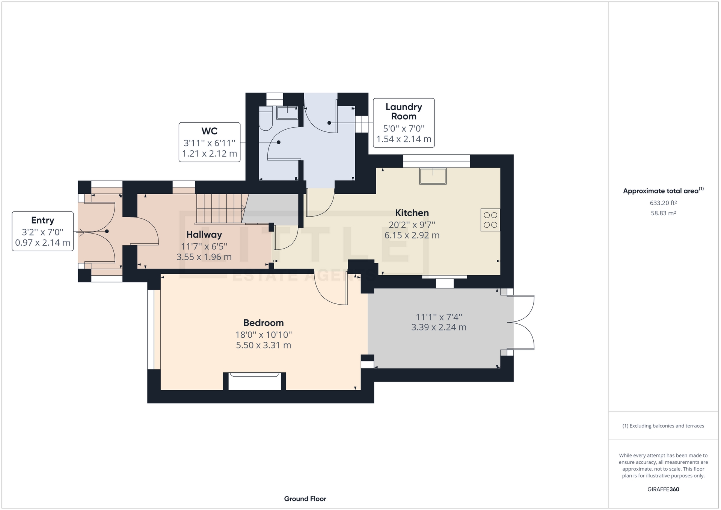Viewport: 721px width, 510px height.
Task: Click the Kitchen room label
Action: point(412,213)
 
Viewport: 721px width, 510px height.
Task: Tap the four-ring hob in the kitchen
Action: point(490,220)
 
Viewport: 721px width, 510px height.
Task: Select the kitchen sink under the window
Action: point(433,176)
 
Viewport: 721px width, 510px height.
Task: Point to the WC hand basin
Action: point(287,112)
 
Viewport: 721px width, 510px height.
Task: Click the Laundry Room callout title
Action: point(404,112)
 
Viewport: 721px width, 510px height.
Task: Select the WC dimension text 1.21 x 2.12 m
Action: point(210,154)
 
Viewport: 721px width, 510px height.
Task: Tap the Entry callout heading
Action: point(42,220)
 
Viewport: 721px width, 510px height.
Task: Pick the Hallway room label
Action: point(204,235)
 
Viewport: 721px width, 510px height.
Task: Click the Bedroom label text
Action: point(263,323)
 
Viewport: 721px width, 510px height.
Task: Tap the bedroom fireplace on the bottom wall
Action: point(255,381)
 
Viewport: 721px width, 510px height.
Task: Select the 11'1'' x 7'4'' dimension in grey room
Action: point(439,317)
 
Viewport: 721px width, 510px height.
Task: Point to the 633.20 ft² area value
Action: point(663,203)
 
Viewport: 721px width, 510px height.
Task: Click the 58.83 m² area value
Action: point(663,213)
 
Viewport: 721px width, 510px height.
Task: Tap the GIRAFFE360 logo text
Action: point(663,489)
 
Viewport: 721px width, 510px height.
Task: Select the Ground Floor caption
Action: point(305,499)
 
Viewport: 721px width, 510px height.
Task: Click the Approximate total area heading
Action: point(661,191)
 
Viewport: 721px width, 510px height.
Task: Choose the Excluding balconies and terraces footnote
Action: point(663,426)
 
